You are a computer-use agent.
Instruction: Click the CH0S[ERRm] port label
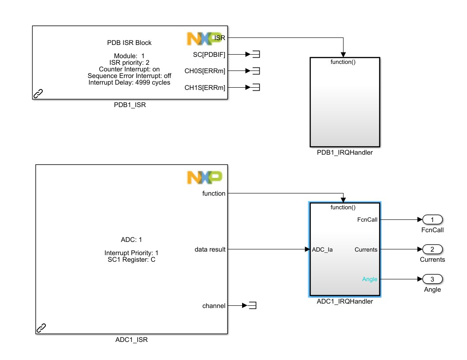coord(205,71)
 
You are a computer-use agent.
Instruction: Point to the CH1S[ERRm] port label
coord(205,88)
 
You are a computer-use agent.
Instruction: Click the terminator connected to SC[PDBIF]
coord(256,54)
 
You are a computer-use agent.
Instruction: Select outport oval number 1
coord(432,219)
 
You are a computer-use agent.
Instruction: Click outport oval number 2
coord(432,249)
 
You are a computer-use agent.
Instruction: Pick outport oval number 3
coord(432,279)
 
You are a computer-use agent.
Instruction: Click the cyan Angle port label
coord(370,279)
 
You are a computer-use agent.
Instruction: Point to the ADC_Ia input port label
coord(322,249)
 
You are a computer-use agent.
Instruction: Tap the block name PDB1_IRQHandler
coord(344,153)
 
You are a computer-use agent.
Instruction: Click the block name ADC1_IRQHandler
coord(344,302)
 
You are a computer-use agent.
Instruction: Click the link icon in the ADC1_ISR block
coord(41,328)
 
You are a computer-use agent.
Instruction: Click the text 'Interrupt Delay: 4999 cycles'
coord(129,82)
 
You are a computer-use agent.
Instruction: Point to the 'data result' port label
coord(210,249)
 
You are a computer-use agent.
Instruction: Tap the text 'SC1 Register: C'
coord(130,260)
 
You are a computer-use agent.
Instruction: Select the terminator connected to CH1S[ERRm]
coord(256,88)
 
